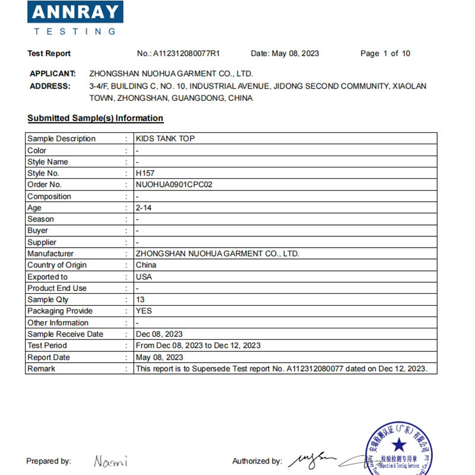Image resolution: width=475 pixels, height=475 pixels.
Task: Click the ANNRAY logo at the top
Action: pyautogui.click(x=75, y=18)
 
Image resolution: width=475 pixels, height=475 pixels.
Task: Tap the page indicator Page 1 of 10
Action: pyautogui.click(x=385, y=53)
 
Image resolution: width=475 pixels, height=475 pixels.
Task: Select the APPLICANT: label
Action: pyautogui.click(x=52, y=74)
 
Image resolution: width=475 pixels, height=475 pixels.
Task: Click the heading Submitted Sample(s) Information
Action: pyautogui.click(x=95, y=118)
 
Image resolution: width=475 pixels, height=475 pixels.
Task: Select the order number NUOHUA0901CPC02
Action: pyautogui.click(x=174, y=185)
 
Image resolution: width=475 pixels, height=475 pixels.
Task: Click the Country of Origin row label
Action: pyautogui.click(x=57, y=265)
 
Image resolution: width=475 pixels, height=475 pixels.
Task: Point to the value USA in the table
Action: pyautogui.click(x=144, y=277)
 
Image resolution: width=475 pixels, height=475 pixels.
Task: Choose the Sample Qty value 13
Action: pyautogui.click(x=140, y=300)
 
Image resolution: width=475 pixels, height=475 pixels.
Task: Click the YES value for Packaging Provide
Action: pyautogui.click(x=144, y=311)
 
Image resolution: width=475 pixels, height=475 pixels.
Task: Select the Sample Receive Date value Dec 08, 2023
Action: pyautogui.click(x=159, y=334)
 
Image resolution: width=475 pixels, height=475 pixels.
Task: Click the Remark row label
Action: pyautogui.click(x=41, y=369)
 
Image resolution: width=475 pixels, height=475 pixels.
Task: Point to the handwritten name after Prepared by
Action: pyautogui.click(x=110, y=461)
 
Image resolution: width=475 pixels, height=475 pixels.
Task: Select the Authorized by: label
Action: pyautogui.click(x=256, y=461)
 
